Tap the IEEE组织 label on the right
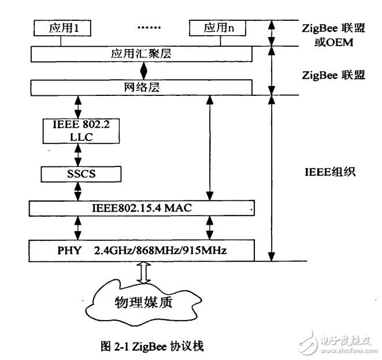point(333,171)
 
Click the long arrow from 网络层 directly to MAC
point(209,147)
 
